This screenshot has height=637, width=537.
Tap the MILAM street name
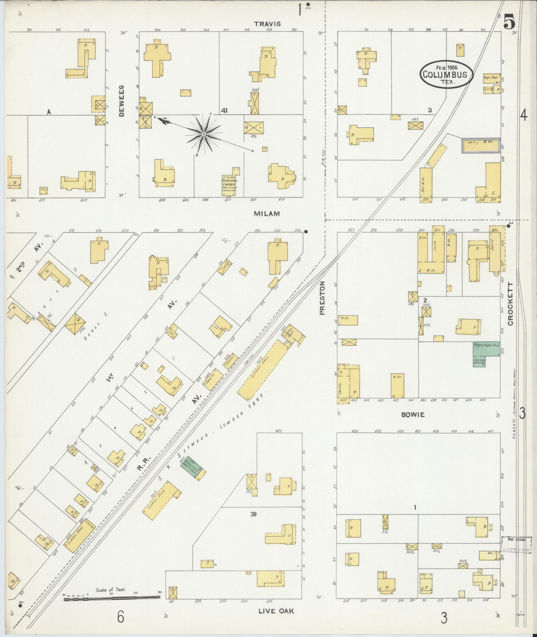pos(267,214)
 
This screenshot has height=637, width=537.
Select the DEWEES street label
pos(122,100)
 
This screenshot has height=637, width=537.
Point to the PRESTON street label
pos(322,298)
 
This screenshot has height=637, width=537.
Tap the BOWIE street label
pos(413,415)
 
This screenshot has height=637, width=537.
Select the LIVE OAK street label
pos(276,611)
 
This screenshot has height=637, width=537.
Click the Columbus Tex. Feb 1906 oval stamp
pos(446,75)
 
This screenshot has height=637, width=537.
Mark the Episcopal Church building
pos(229,183)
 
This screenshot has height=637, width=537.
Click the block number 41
pos(224,111)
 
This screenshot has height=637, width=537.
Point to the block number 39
pos(254,514)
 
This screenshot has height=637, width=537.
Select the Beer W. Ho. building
pos(426,185)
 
